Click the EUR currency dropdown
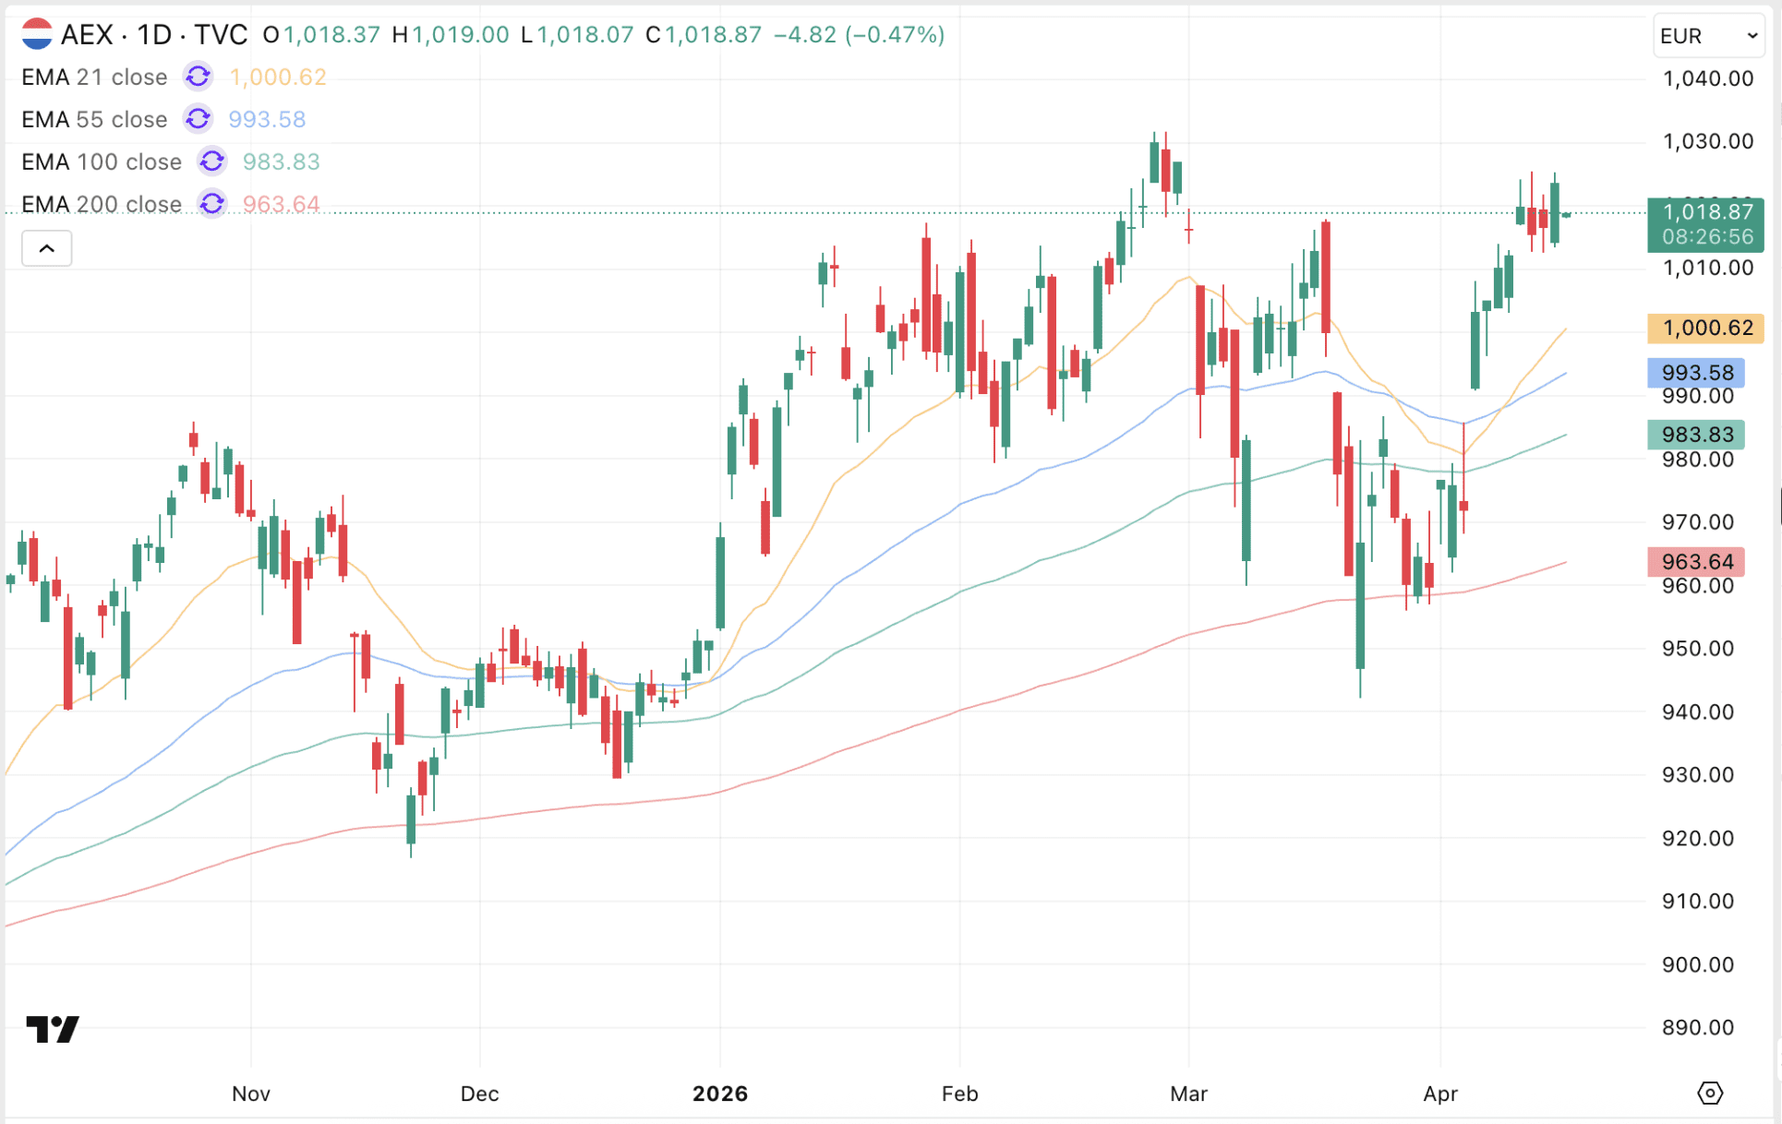(x=1707, y=36)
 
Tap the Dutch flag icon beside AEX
(x=37, y=35)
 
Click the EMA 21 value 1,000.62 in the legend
(x=278, y=78)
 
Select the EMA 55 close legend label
(x=94, y=120)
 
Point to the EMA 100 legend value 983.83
(x=282, y=162)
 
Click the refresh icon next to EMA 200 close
(x=212, y=204)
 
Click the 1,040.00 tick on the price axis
(x=1707, y=79)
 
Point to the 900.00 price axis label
(x=1697, y=965)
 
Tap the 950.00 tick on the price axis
(x=1697, y=649)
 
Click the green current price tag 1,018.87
(x=1705, y=213)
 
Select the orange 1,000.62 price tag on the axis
(x=1705, y=329)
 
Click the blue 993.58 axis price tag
(x=1696, y=373)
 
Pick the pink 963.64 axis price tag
(x=1696, y=562)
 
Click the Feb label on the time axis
(x=959, y=1094)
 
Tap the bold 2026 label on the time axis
(x=720, y=1094)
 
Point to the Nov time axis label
(x=251, y=1094)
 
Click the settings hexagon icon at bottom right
(x=1710, y=1094)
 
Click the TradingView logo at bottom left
(x=53, y=1029)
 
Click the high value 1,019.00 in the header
(x=460, y=35)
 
